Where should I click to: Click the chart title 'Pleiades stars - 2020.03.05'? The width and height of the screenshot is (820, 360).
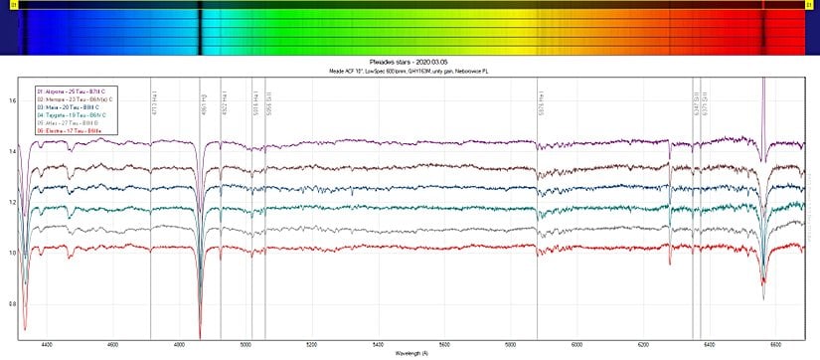click(x=410, y=62)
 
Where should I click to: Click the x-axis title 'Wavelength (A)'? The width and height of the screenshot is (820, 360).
click(x=410, y=354)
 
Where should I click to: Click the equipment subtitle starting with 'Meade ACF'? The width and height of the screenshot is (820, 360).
click(x=410, y=71)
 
